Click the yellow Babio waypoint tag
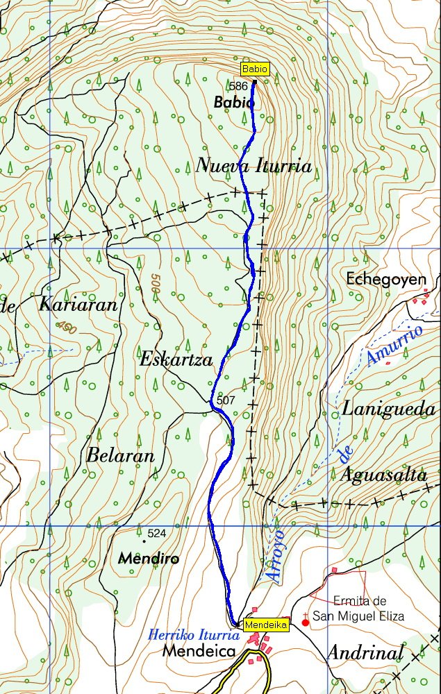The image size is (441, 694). (x=253, y=69)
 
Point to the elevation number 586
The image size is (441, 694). (x=238, y=86)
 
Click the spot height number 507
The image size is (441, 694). (x=226, y=401)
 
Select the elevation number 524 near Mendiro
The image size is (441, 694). (x=157, y=534)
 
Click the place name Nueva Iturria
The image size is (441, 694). (x=253, y=167)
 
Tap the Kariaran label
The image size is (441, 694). (x=78, y=305)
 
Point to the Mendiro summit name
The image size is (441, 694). (x=149, y=558)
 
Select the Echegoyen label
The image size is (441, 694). (x=385, y=279)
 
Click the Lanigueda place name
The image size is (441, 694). (x=388, y=409)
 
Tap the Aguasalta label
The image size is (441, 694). (x=383, y=475)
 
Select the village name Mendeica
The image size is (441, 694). (x=201, y=652)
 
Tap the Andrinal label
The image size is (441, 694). (x=365, y=652)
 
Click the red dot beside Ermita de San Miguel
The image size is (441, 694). (x=305, y=623)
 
